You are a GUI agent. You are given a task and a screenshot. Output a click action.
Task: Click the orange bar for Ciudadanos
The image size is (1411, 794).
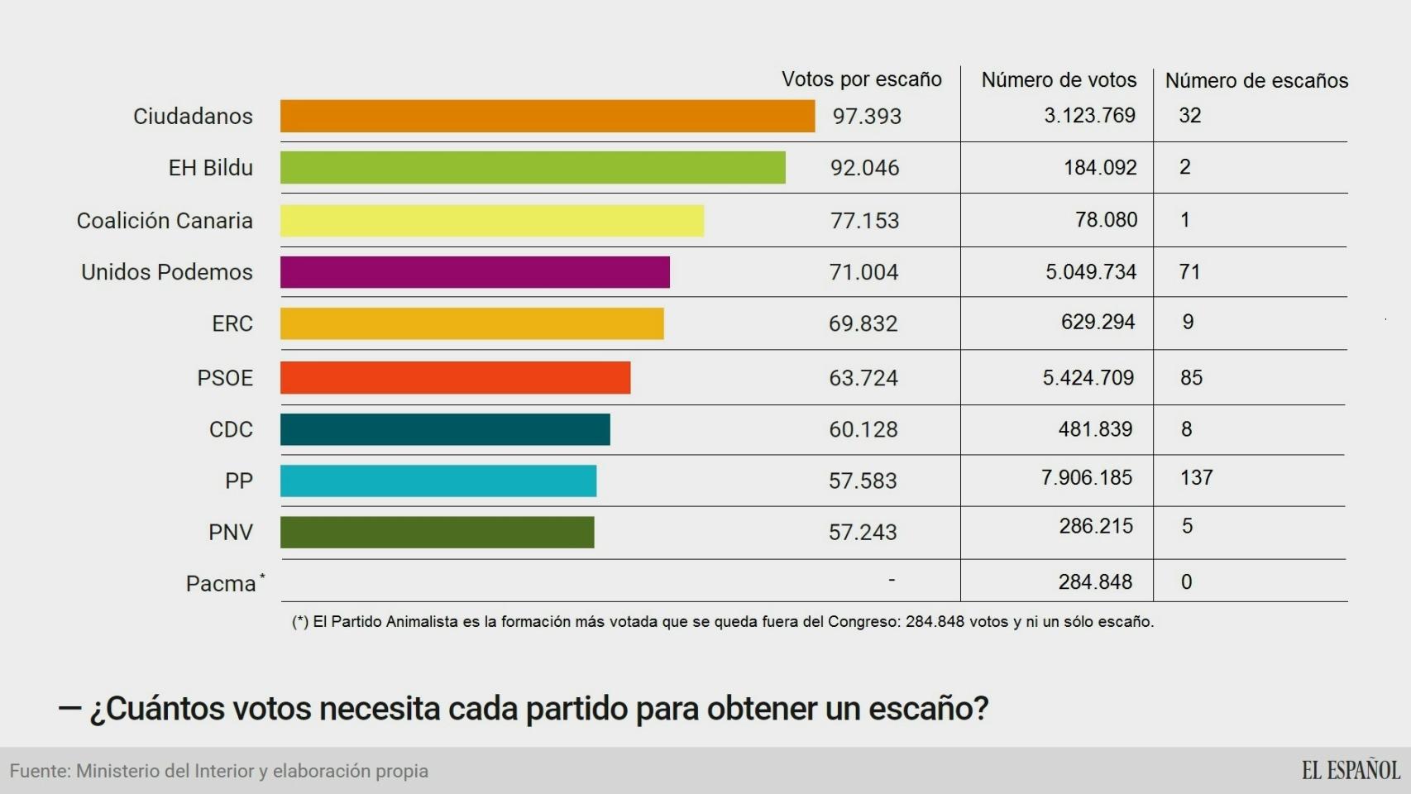pyautogui.click(x=547, y=116)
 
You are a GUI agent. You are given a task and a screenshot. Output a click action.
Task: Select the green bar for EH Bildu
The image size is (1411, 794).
pyautogui.click(x=533, y=168)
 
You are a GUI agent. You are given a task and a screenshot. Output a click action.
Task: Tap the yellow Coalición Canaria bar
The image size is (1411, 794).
pyautogui.click(x=491, y=221)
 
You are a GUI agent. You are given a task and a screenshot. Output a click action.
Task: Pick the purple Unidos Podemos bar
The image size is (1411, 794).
pyautogui.click(x=475, y=272)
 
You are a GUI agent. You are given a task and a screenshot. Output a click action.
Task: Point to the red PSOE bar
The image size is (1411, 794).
pyautogui.click(x=455, y=378)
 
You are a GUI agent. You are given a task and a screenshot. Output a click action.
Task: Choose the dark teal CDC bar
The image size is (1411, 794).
pyautogui.click(x=445, y=430)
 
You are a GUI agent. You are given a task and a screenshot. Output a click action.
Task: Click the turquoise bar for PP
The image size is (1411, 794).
pyautogui.click(x=438, y=481)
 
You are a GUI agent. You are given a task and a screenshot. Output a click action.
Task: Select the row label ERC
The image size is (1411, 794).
pyautogui.click(x=232, y=324)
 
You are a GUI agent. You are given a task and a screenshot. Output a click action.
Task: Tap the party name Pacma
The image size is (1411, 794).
pyautogui.click(x=221, y=584)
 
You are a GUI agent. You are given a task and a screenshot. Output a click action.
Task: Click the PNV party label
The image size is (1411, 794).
pyautogui.click(x=231, y=533)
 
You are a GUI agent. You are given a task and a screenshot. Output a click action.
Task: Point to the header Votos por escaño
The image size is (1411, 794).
pyautogui.click(x=861, y=79)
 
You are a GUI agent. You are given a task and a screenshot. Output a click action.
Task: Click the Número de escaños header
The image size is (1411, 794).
pyautogui.click(x=1256, y=80)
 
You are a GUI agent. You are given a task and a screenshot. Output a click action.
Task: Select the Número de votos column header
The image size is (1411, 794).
pyautogui.click(x=1059, y=80)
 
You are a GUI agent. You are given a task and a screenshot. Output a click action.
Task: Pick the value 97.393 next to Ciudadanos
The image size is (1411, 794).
pyautogui.click(x=867, y=117)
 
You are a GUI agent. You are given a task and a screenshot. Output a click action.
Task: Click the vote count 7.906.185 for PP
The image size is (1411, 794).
pyautogui.click(x=1086, y=478)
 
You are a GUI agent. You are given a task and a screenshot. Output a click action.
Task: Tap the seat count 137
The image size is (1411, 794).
pyautogui.click(x=1196, y=478)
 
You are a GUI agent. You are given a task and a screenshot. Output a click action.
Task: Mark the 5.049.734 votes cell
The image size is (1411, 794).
pyautogui.click(x=1090, y=272)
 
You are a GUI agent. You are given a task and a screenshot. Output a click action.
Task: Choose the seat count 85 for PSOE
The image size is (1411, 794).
pyautogui.click(x=1191, y=378)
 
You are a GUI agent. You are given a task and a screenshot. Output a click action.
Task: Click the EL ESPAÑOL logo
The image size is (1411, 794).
pyautogui.click(x=1351, y=771)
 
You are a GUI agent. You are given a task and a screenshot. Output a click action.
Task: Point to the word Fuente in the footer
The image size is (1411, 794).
pyautogui.click(x=39, y=772)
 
